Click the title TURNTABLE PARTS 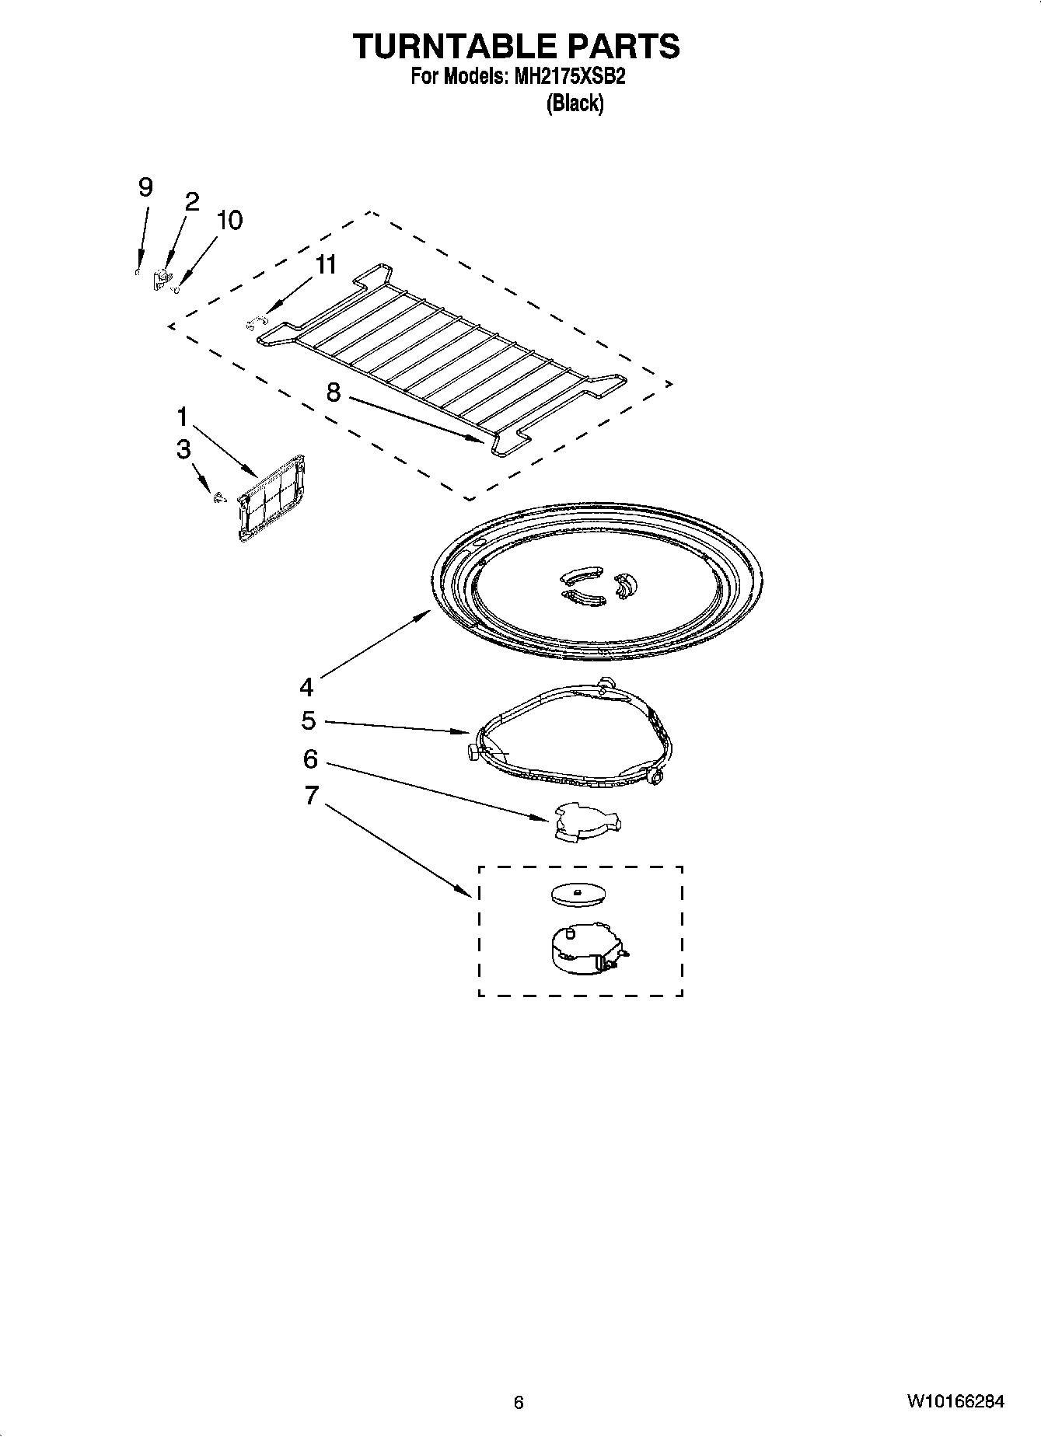pos(516,47)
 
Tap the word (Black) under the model pos(575,103)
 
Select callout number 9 pos(145,187)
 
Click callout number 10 pos(229,220)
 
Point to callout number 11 pos(325,265)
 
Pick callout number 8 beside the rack pos(333,392)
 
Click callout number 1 pos(182,417)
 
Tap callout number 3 pos(183,449)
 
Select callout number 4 pos(306,687)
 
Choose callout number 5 pos(309,721)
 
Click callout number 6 pos(310,759)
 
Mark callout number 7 pos(311,795)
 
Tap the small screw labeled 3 pos(218,497)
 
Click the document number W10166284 pos(954,1401)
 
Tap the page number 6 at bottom pos(519,1402)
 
